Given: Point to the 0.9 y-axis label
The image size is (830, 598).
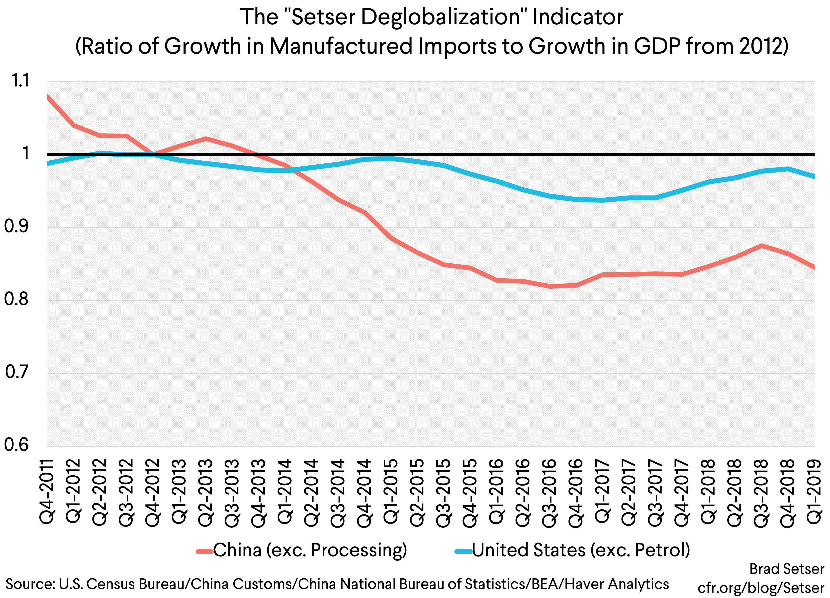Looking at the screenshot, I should [16, 227].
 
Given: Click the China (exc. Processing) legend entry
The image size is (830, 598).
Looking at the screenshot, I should [302, 550].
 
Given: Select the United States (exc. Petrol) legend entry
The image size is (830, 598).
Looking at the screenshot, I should [572, 550].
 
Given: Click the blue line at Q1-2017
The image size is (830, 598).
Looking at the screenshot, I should [603, 200].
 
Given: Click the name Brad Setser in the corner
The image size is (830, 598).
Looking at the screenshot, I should [786, 569].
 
